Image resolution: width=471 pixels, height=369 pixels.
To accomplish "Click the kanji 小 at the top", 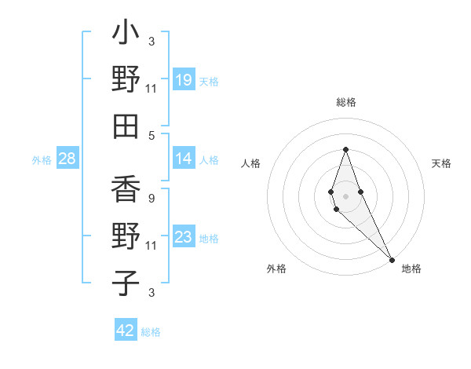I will point(126,34).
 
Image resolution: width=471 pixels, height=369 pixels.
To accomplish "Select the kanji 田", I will point(126,126).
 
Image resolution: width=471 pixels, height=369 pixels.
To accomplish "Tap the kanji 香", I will point(126,189).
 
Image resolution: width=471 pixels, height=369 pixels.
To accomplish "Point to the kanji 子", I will point(126,283).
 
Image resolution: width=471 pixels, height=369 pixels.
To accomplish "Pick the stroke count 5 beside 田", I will point(152,135).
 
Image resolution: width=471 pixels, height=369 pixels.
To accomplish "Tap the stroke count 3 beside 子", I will point(152,292).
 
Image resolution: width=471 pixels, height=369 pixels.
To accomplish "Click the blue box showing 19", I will point(183,80).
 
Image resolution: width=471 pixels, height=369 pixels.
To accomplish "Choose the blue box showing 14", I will point(183,159).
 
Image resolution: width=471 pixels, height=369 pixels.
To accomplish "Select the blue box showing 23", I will point(183,237).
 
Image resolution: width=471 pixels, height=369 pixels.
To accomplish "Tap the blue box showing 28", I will point(67,159).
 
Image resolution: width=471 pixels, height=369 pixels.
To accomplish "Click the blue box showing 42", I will point(126,331).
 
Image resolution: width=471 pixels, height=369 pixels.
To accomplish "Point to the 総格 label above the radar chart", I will point(345,103).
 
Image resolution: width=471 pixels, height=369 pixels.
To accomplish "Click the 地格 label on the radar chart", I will point(411,269).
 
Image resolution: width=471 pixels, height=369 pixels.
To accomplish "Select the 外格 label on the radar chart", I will point(276,269).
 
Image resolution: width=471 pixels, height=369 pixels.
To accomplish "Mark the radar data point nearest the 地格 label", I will point(392,258).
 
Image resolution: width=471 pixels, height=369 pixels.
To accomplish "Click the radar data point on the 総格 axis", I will point(345,149).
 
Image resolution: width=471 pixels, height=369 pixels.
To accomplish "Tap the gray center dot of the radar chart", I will point(345,195).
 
